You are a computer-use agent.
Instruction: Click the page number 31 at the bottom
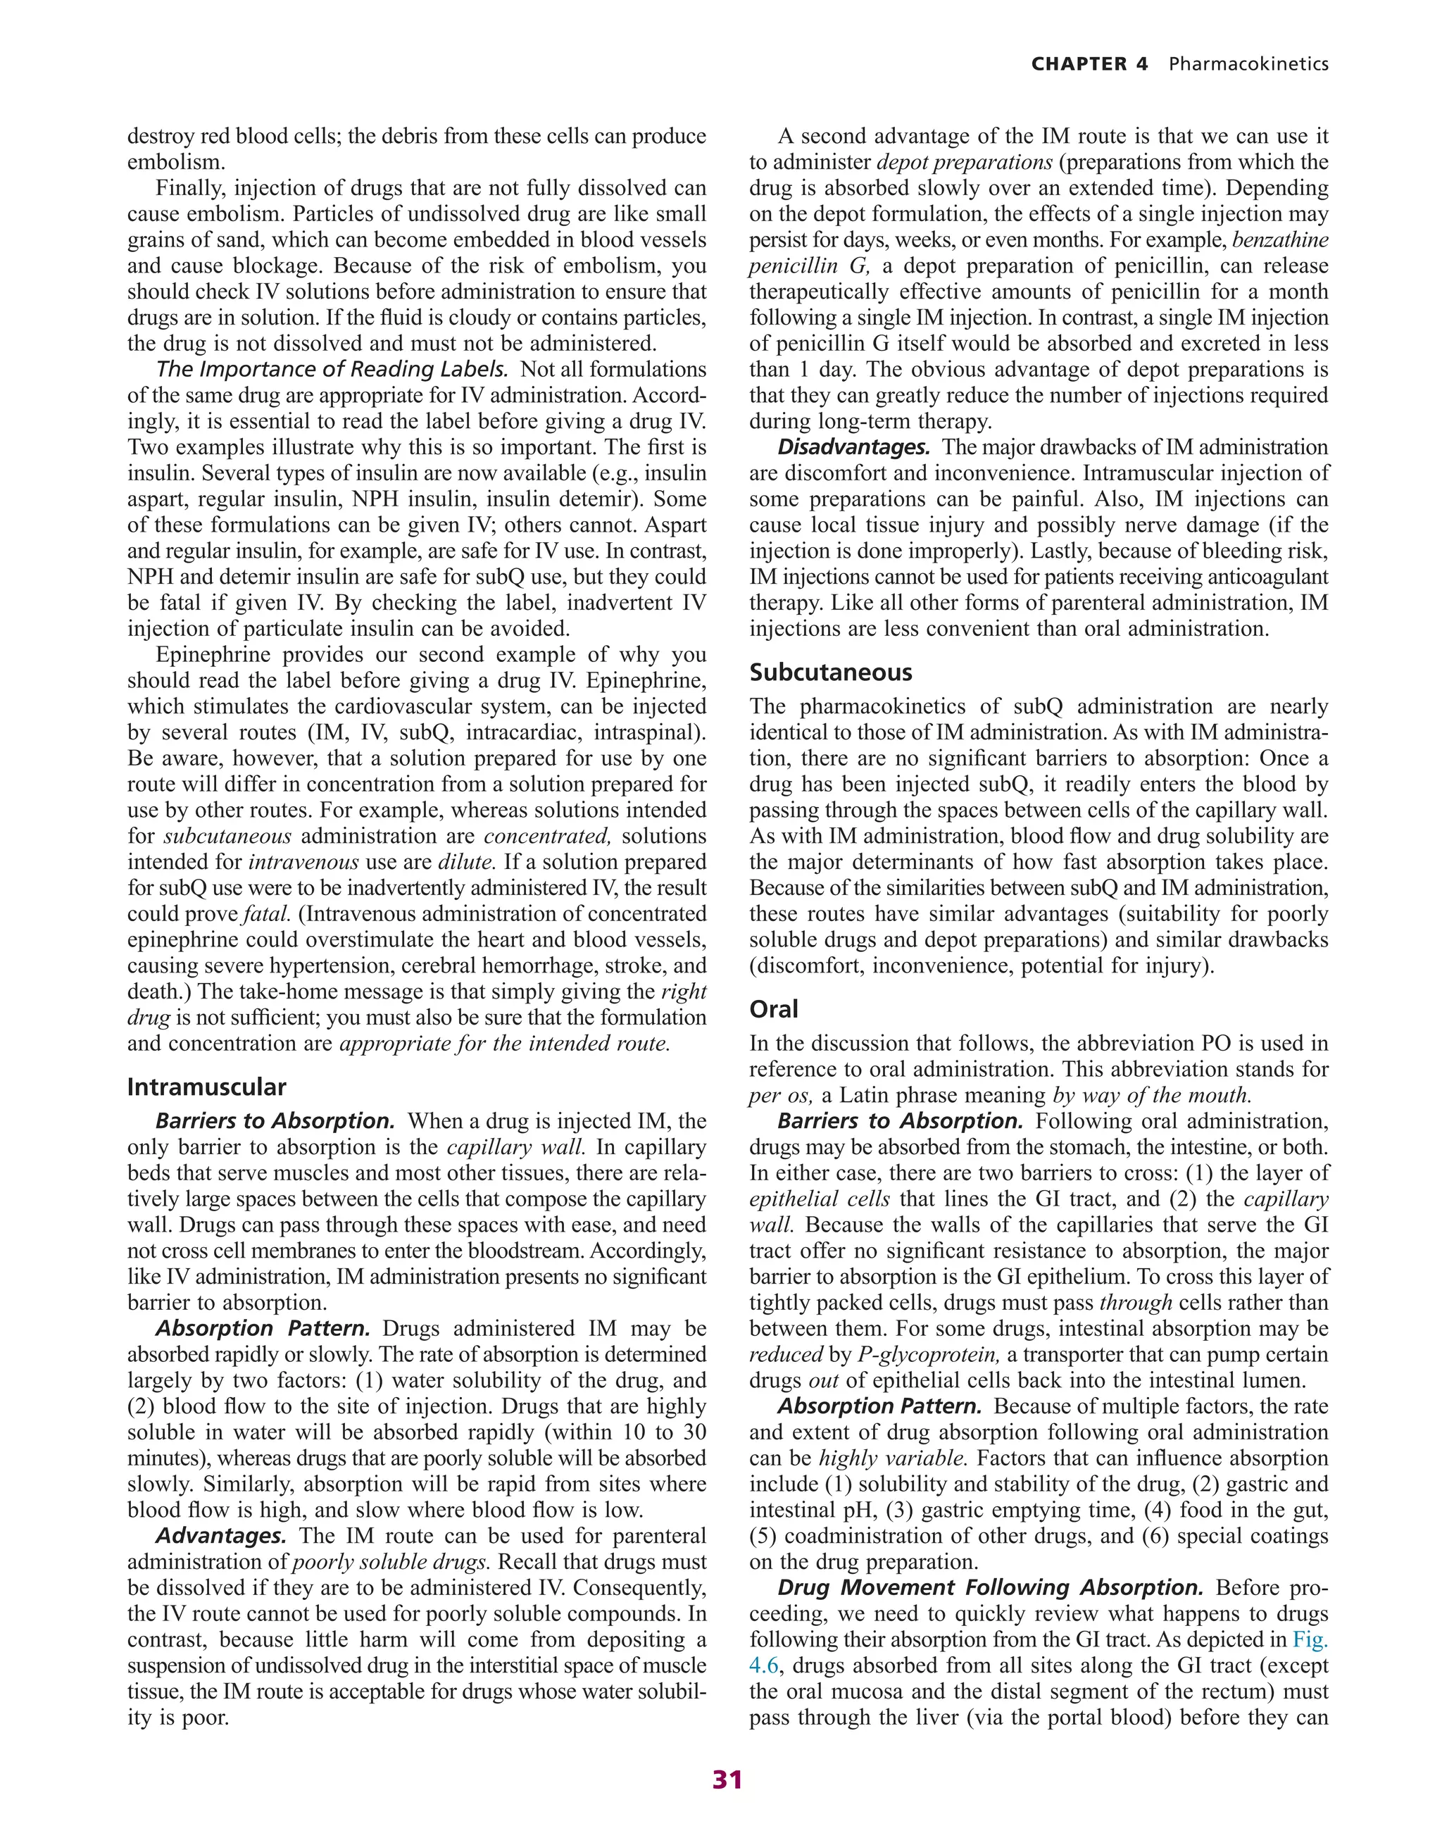pos(727,1780)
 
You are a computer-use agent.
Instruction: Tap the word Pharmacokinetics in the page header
pos(1248,64)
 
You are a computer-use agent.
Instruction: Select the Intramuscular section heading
pos(206,1087)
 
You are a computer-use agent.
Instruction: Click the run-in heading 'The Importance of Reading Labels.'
pos(332,370)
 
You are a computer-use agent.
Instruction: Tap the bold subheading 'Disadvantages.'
pos(853,448)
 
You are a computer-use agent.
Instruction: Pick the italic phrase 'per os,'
pos(781,1096)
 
